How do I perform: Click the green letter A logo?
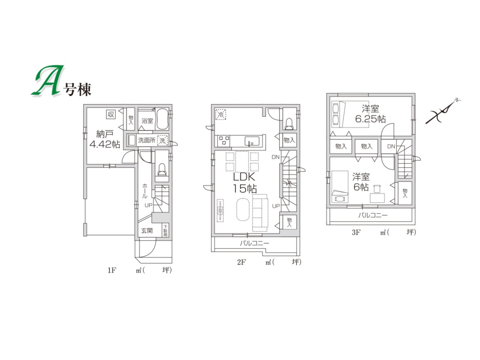(x=48, y=80)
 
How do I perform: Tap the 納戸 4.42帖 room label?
(x=105, y=139)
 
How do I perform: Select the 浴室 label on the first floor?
(x=147, y=121)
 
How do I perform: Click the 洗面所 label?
(x=147, y=141)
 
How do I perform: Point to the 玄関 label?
(x=147, y=230)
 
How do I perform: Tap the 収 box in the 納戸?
(x=111, y=114)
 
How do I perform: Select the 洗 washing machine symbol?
(x=163, y=141)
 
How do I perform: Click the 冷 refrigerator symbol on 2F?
(x=220, y=115)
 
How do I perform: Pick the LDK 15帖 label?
(x=245, y=183)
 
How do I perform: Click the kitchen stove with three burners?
(x=224, y=141)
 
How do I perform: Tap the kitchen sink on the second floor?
(x=252, y=141)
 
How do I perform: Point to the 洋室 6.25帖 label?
(x=370, y=114)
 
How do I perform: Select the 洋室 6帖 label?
(x=361, y=182)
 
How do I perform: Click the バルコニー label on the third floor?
(x=373, y=216)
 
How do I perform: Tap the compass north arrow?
(x=443, y=112)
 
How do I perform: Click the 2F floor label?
(x=242, y=262)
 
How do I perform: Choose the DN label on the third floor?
(x=391, y=147)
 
